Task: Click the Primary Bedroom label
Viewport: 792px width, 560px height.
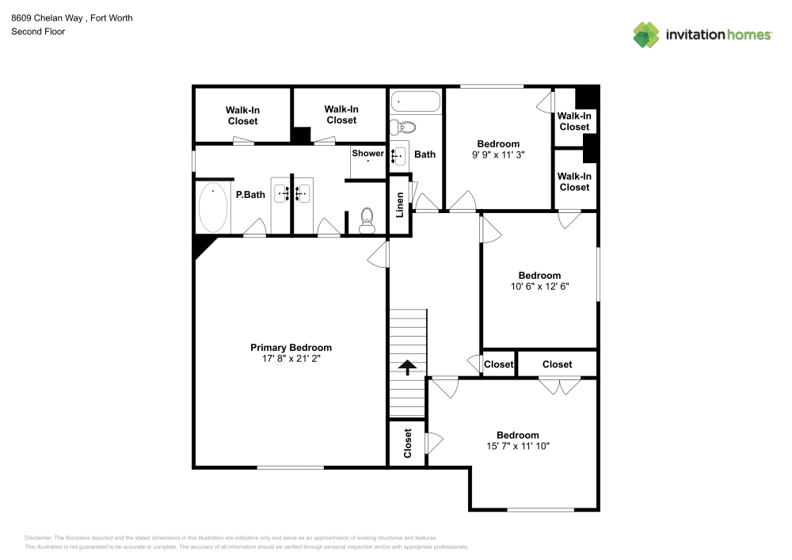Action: pyautogui.click(x=291, y=348)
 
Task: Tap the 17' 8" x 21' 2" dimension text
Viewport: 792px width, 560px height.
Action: pyautogui.click(x=291, y=359)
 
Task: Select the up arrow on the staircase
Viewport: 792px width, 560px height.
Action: pyautogui.click(x=407, y=368)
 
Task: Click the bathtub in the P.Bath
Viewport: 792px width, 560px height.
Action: pyautogui.click(x=212, y=208)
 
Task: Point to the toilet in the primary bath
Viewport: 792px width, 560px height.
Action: pyautogui.click(x=367, y=221)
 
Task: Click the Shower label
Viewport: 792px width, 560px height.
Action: pyautogui.click(x=368, y=153)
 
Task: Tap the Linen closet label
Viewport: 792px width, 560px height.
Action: pyautogui.click(x=400, y=204)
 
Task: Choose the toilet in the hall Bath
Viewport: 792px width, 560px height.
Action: pyautogui.click(x=406, y=127)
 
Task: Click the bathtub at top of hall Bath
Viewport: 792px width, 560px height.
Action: pyautogui.click(x=415, y=101)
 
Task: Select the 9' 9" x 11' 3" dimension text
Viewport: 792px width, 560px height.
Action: pyautogui.click(x=498, y=155)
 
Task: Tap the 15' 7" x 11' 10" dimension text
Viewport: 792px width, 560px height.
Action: pyautogui.click(x=518, y=446)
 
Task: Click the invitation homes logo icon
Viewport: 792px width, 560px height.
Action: pyautogui.click(x=645, y=34)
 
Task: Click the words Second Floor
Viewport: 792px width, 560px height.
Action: pyautogui.click(x=38, y=32)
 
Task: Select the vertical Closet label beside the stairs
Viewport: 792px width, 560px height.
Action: pyautogui.click(x=408, y=444)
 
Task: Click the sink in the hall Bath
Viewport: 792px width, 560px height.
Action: pyautogui.click(x=399, y=154)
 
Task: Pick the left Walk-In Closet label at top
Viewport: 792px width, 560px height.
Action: pyautogui.click(x=242, y=116)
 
